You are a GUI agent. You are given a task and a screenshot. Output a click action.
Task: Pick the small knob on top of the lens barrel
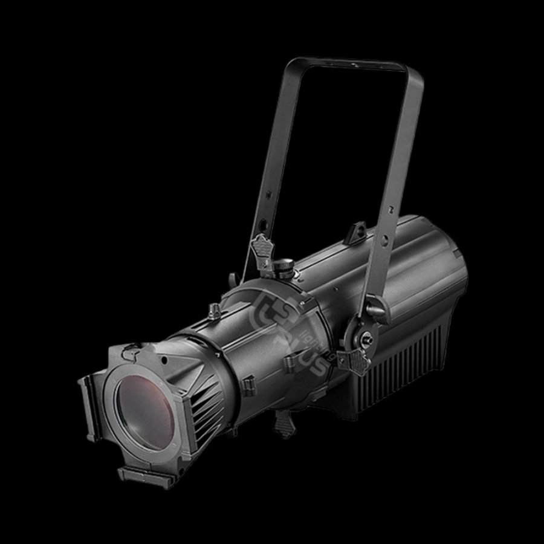click(213, 311)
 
